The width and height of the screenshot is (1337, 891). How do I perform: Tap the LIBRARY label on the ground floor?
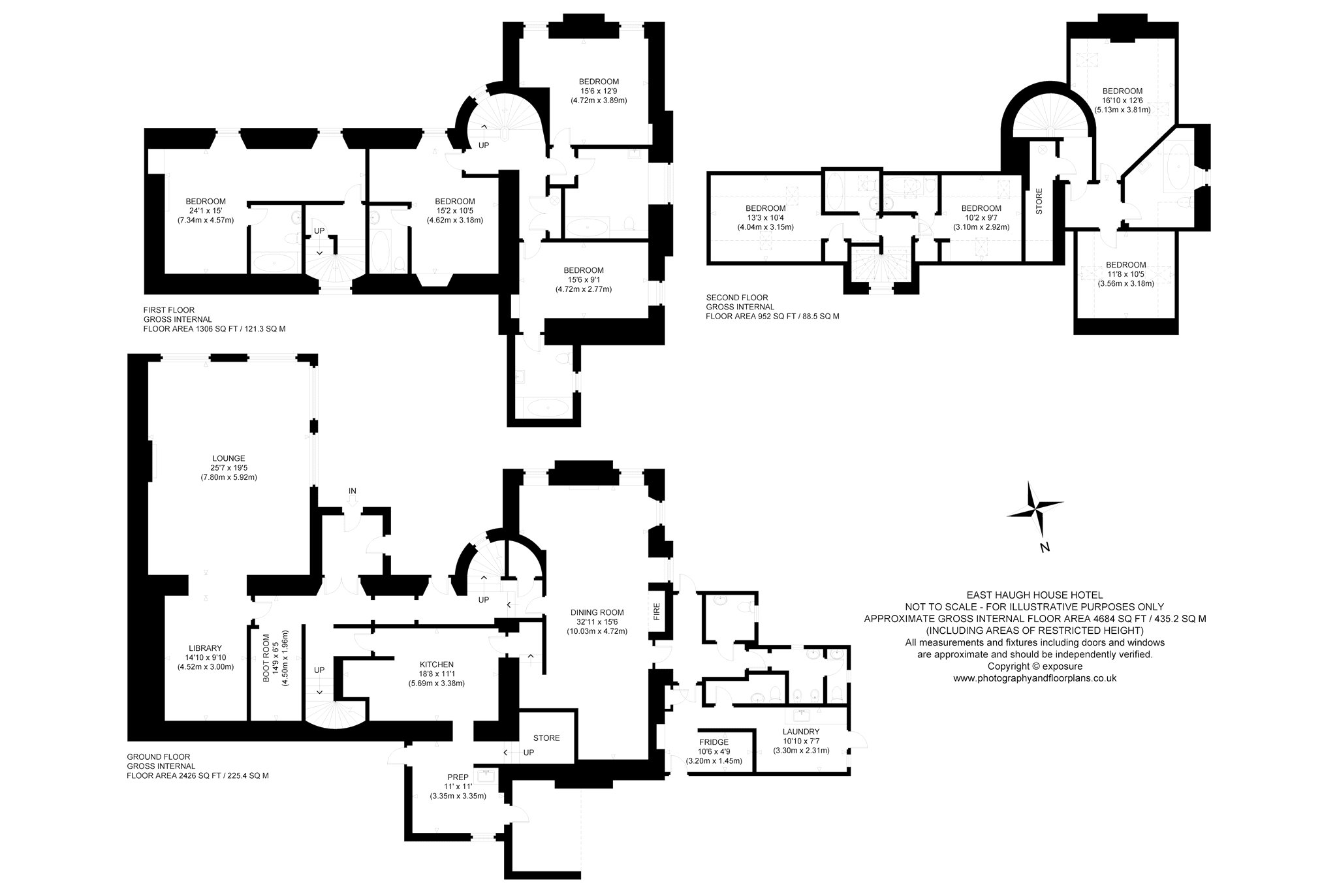205,648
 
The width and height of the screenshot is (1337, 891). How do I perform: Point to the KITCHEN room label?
436,664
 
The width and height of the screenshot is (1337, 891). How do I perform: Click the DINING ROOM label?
597,612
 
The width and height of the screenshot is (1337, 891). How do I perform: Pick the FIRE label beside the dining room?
657,611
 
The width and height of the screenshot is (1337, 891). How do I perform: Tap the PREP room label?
458,777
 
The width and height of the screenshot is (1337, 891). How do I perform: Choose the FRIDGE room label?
714,742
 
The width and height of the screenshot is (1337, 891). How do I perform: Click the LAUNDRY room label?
801,732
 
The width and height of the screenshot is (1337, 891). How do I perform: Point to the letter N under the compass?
1045,548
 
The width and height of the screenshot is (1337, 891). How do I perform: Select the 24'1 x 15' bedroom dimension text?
206,211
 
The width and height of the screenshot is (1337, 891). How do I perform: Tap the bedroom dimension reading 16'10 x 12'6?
1122,101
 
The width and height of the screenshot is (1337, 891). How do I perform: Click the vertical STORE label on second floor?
1039,202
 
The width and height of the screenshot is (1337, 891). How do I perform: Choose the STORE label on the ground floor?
546,738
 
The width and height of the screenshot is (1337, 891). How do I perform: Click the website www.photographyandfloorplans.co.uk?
1035,678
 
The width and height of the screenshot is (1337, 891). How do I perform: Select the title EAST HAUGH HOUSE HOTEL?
1034,595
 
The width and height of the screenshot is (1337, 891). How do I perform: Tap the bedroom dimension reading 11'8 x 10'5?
1125,274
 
